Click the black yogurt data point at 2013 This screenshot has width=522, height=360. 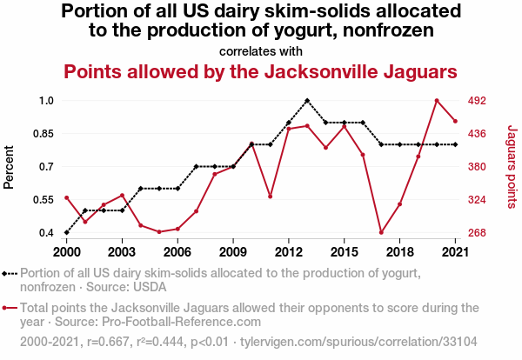(307, 101)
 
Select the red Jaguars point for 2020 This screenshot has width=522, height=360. (437, 101)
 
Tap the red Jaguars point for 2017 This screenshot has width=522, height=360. (381, 232)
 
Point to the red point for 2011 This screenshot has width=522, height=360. (271, 197)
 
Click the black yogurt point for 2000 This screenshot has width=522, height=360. (67, 232)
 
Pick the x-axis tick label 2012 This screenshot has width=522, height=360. (288, 251)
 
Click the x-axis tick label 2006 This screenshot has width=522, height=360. (177, 251)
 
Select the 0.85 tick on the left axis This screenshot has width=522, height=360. (40, 134)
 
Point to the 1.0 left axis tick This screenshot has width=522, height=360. (45, 101)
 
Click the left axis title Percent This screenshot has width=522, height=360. (10, 167)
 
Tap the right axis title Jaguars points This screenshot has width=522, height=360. (512, 167)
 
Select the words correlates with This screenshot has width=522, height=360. (261, 50)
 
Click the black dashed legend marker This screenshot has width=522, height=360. (10, 273)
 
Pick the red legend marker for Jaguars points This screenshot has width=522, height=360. (10, 307)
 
